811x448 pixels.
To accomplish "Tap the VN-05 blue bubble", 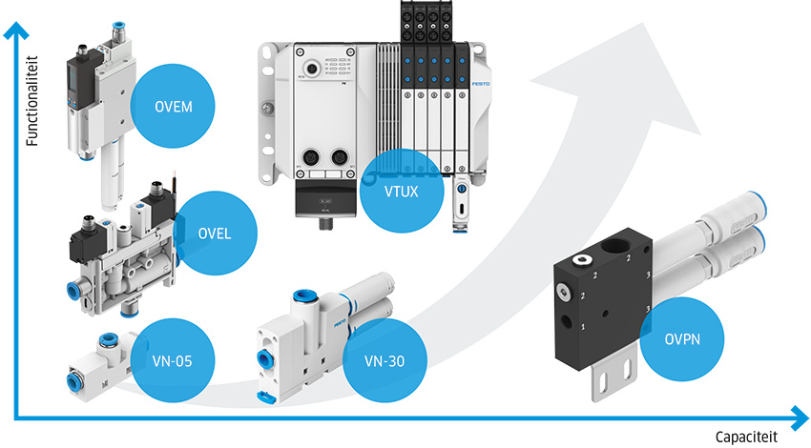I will [169, 360].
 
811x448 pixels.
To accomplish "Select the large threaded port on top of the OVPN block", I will [615, 254].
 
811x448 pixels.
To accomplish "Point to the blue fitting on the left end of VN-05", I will [71, 380].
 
